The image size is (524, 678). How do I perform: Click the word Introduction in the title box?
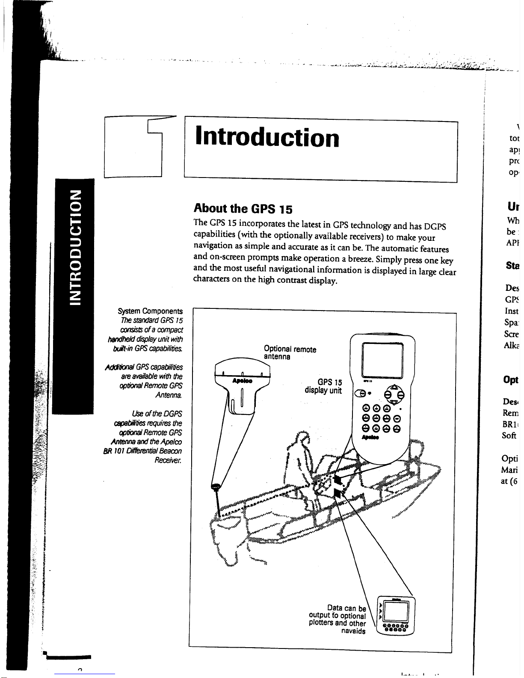tap(267, 138)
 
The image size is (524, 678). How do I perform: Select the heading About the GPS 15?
tap(243, 208)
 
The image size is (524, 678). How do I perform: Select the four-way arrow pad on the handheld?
tap(393, 393)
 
